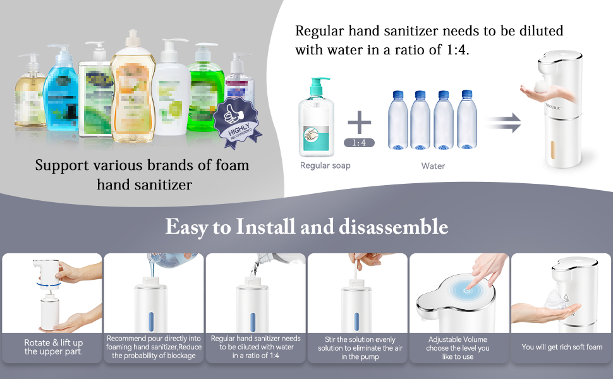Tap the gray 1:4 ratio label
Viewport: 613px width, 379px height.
pos(359,143)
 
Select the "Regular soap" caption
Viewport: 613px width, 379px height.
pos(325,165)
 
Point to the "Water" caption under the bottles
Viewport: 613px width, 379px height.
pos(433,166)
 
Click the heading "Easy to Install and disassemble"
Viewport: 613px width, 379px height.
pos(306,227)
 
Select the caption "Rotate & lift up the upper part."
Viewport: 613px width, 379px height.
pos(53,347)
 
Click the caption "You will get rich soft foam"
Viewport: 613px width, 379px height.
pos(562,347)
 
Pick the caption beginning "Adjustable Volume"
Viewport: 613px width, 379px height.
pos(458,348)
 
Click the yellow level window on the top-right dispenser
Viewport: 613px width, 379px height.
pos(554,145)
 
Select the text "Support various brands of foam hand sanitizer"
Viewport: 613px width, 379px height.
pos(142,175)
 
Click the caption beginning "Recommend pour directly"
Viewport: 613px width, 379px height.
pos(154,347)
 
